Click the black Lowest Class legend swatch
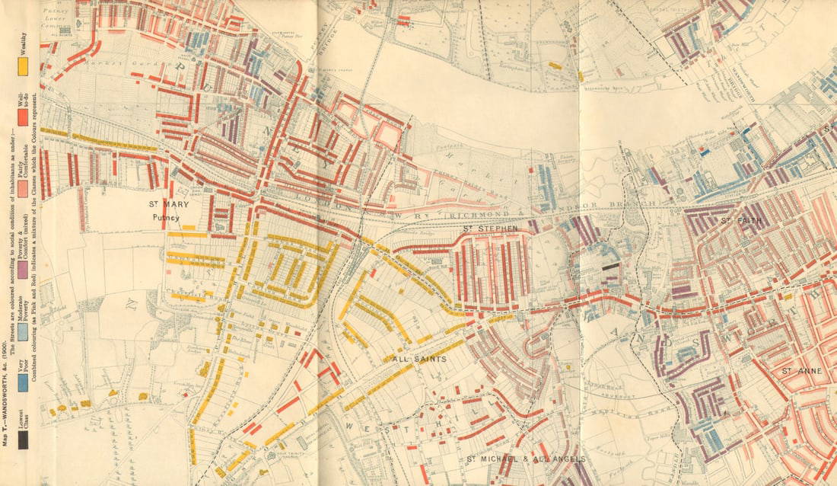24,440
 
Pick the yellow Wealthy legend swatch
24,66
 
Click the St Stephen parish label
491,228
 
